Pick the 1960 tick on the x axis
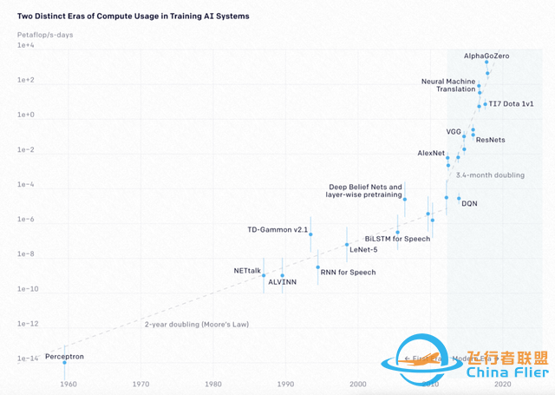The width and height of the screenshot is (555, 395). pyautogui.click(x=67, y=383)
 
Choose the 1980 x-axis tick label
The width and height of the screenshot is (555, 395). pyautogui.click(x=212, y=383)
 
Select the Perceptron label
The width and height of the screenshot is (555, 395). pyautogui.click(x=64, y=356)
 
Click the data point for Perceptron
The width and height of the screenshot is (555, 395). pyautogui.click(x=64, y=362)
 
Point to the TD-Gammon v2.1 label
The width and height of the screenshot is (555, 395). pyautogui.click(x=278, y=229)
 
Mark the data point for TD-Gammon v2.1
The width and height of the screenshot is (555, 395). pyautogui.click(x=310, y=235)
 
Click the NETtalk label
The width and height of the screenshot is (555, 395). pyautogui.click(x=247, y=271)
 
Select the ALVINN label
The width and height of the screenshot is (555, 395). pyautogui.click(x=283, y=283)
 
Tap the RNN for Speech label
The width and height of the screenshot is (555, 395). pyautogui.click(x=348, y=273)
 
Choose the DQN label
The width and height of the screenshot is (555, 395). pyautogui.click(x=469, y=203)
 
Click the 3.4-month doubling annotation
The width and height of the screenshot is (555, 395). pyautogui.click(x=490, y=175)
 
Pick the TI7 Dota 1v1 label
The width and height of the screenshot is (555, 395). pyautogui.click(x=509, y=103)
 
